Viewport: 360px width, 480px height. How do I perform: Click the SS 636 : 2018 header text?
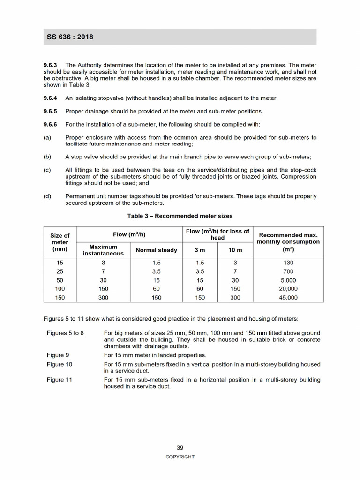[69, 37]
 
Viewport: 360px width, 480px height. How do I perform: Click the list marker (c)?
[47, 170]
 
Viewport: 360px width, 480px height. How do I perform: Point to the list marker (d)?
[47, 196]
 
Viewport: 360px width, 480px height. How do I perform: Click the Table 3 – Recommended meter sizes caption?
[180, 216]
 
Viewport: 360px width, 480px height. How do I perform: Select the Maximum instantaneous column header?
[103, 250]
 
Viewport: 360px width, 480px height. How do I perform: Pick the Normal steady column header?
[157, 250]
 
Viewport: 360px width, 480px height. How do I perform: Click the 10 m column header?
[235, 250]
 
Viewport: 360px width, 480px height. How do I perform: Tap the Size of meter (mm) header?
[60, 242]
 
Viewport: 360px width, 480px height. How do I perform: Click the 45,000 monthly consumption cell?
[288, 298]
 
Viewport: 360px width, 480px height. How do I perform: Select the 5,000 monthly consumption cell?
[288, 280]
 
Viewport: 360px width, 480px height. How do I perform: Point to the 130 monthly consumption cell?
[288, 263]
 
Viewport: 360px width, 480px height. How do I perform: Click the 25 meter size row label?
[60, 271]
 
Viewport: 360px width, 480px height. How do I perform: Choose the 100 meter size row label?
[60, 289]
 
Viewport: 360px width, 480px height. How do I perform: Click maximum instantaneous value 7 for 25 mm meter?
[103, 271]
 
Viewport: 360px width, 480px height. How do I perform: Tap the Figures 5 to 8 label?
[65, 333]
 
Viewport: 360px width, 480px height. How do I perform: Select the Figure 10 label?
[60, 364]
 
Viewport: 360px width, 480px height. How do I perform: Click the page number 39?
[180, 448]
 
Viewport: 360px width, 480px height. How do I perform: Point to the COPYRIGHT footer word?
[180, 457]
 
